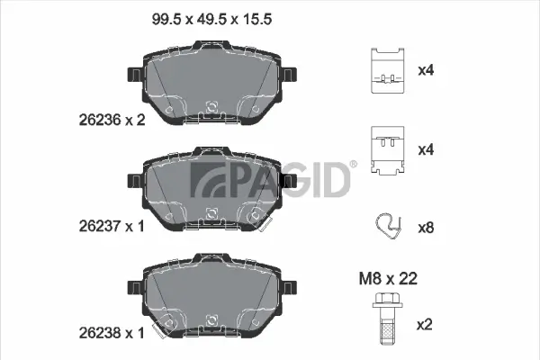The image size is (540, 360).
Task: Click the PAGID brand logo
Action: (x=273, y=178)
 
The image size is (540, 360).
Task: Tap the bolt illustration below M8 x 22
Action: (x=387, y=319)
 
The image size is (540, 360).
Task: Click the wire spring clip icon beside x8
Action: (x=387, y=227)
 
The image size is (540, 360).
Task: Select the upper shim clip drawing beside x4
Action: (x=387, y=68)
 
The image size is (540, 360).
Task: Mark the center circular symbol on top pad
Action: (x=211, y=107)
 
